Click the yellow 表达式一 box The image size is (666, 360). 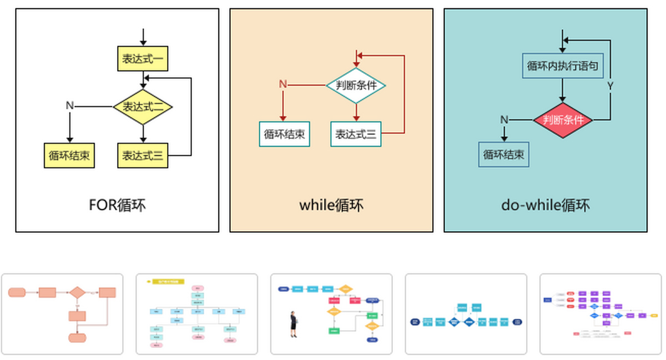(x=143, y=59)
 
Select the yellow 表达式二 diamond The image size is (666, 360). (x=143, y=107)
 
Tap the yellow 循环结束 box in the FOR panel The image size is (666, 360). (x=69, y=155)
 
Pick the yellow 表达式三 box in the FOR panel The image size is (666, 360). (x=143, y=155)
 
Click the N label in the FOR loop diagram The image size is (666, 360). (x=69, y=105)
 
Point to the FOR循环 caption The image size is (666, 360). (x=117, y=205)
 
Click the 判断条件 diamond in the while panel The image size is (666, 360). (x=356, y=85)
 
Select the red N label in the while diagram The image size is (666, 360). (x=282, y=84)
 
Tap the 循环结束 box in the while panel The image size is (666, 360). (x=284, y=134)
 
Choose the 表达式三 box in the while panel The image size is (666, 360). (x=356, y=134)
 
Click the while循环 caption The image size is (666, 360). (x=331, y=205)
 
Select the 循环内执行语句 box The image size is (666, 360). (x=562, y=65)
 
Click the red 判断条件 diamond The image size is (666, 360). (x=563, y=120)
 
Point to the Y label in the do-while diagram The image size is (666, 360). (x=610, y=86)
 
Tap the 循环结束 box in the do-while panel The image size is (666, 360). (x=504, y=154)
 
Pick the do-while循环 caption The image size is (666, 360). (x=545, y=205)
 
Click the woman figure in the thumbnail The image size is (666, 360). (x=293, y=324)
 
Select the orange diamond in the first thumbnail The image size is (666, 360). (x=76, y=292)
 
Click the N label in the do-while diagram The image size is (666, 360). (x=504, y=120)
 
